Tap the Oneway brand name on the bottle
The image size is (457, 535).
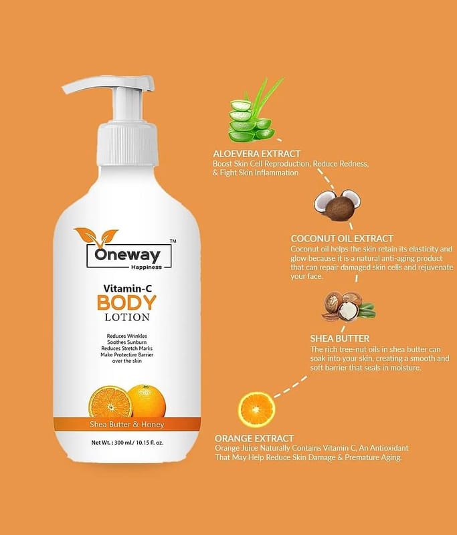point(127,255)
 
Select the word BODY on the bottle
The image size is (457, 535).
point(126,303)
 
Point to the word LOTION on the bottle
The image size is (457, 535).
point(127,317)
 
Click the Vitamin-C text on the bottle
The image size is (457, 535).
point(127,288)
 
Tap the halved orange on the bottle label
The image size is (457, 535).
point(110,403)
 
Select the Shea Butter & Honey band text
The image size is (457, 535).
point(127,424)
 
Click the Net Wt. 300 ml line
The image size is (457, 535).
point(127,443)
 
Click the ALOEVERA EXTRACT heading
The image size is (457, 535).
point(257,154)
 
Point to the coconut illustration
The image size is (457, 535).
point(337,204)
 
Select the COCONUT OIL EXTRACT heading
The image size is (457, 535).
point(342,239)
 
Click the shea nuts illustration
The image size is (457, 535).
point(348,306)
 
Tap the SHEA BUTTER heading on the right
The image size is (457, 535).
point(340,338)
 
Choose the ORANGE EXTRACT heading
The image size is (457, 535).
point(254,438)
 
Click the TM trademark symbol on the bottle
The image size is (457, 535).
point(173,241)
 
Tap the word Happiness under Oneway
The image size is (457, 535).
point(147,267)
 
